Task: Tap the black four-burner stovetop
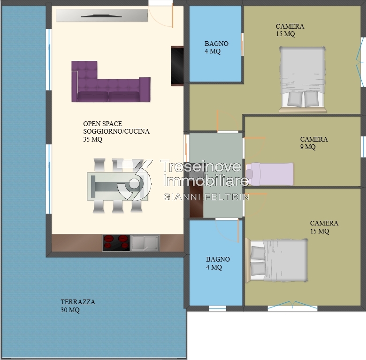coord(116,243)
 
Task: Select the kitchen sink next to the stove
coord(145,243)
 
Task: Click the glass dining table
coord(117,187)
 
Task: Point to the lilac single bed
coord(270,174)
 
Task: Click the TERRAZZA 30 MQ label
coord(78,306)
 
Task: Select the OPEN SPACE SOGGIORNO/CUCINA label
coord(116,131)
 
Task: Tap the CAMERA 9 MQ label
coord(314,143)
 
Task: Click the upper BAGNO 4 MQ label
coord(216,47)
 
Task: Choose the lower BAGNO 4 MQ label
coord(218,263)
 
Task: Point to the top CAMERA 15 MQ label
coord(290,30)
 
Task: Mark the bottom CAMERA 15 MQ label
coord(324,227)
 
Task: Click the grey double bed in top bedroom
coord(302,80)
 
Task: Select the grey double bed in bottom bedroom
coord(276,260)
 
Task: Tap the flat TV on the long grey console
coord(101,16)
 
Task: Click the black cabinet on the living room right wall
coord(177,66)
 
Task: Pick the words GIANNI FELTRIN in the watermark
coord(206,197)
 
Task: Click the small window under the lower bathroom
coord(218,308)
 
